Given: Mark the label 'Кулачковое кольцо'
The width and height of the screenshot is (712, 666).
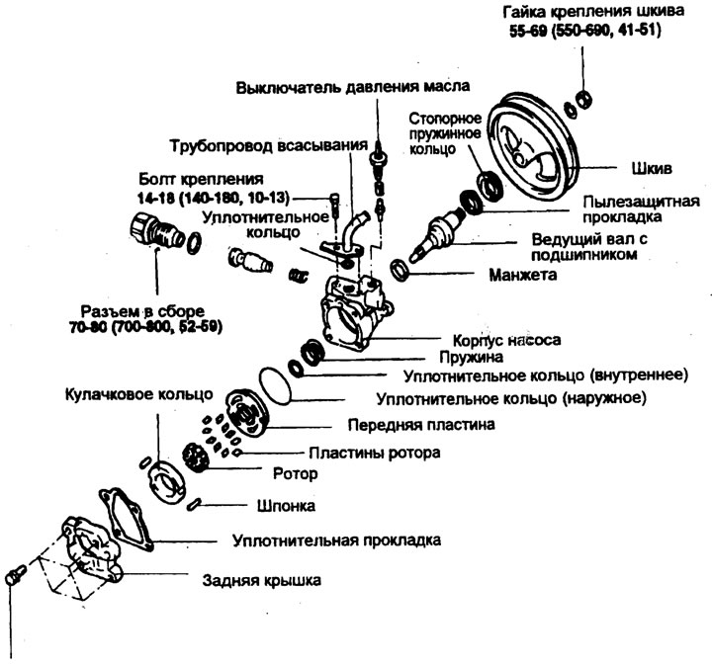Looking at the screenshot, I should (138, 393).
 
